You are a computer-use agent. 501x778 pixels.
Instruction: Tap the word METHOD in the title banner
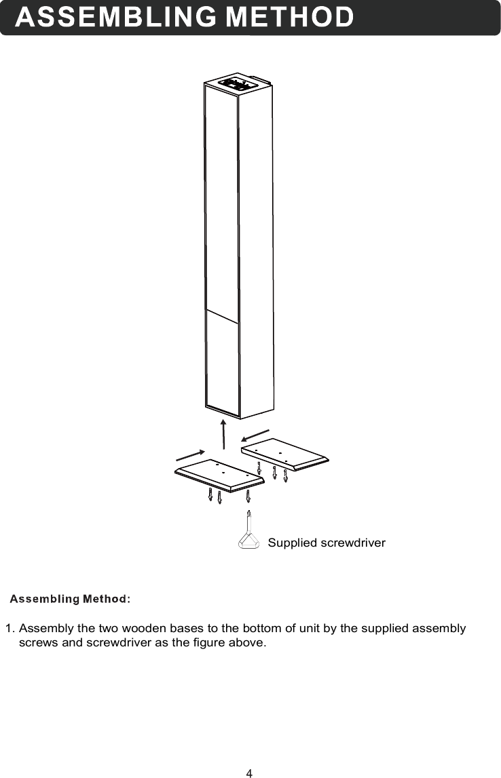(x=289, y=18)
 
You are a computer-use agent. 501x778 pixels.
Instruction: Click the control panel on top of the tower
(x=237, y=84)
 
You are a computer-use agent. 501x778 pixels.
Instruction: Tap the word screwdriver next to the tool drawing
(x=352, y=543)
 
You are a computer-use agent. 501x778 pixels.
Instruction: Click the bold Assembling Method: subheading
(x=70, y=599)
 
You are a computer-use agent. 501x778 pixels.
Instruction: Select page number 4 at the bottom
(x=249, y=773)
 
